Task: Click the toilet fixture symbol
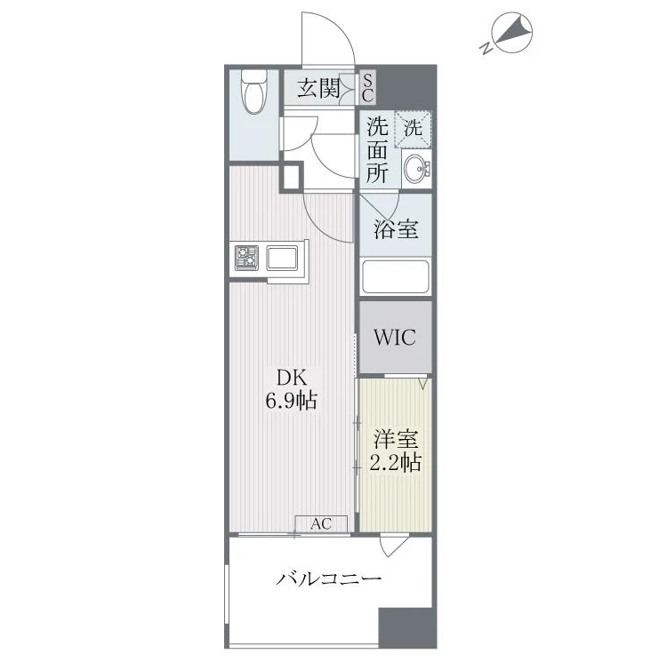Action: coord(254,92)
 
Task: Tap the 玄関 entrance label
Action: coord(318,88)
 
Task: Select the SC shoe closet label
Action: coord(368,87)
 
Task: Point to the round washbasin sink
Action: coord(416,170)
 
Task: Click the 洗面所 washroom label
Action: coord(377,149)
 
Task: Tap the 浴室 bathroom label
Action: coord(396,229)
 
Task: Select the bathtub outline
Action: coord(396,277)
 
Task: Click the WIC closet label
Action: coord(395,338)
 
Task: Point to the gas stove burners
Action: coord(246,258)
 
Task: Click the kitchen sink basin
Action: coord(281,258)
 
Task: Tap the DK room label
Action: coord(292,378)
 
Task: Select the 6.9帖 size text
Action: coord(291,400)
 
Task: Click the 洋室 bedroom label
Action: coord(396,439)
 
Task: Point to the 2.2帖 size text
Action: coord(396,462)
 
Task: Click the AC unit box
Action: coord(321,524)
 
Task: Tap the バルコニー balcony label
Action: coord(329,578)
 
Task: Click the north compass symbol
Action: coord(513,33)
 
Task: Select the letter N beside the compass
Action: coord(486,48)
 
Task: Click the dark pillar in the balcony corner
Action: coord(407,627)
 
